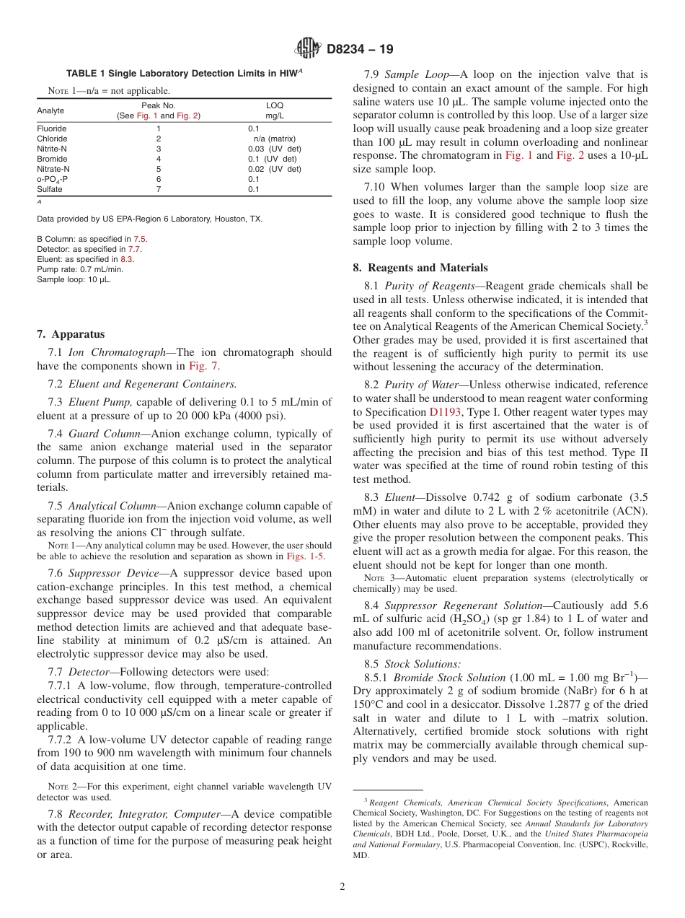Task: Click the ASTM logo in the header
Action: tap(309, 49)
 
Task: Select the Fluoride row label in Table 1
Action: tap(52, 128)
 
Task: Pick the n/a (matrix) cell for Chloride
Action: tap(274, 139)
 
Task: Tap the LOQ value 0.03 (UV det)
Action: tap(274, 149)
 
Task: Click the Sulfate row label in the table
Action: tap(50, 189)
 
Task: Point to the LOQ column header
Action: tap(274, 105)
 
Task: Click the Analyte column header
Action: tap(50, 110)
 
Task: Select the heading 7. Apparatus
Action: tap(71, 334)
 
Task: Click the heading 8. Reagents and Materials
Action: tap(420, 267)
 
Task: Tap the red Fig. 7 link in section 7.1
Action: tap(204, 366)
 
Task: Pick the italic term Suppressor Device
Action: tap(113, 572)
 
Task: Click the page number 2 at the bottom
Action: tap(342, 887)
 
